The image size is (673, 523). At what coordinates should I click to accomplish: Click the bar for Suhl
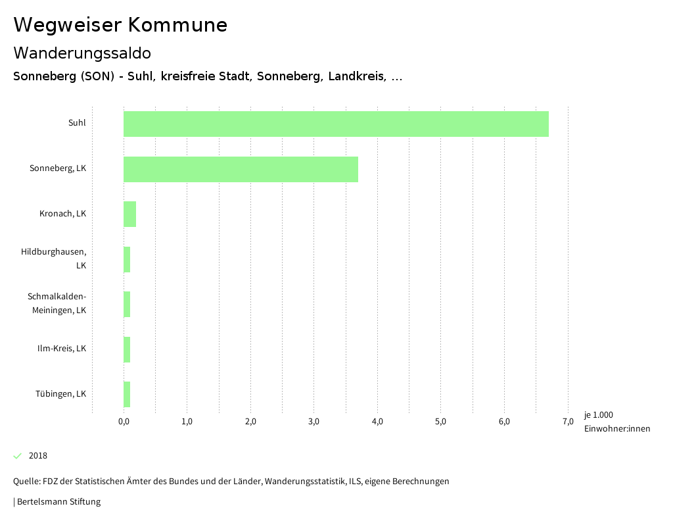point(336,124)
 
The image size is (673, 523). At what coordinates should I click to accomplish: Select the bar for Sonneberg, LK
point(241,169)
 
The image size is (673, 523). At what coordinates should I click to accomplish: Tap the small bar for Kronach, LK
point(129,214)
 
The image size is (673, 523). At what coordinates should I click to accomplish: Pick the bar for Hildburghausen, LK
point(127,259)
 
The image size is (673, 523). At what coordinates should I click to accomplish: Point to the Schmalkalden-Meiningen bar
point(127,304)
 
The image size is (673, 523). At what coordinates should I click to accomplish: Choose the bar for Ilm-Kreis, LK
point(127,349)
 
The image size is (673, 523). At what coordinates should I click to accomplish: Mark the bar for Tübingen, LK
point(127,394)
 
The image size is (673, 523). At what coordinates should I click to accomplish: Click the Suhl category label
point(77,123)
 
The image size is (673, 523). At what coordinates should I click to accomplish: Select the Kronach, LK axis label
point(62,214)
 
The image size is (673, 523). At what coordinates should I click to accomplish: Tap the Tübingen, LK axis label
point(60,394)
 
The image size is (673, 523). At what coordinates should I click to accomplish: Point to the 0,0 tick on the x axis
point(124,422)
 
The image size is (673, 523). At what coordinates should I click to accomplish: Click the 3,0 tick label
point(313,422)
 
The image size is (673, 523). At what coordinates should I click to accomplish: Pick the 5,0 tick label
point(440,422)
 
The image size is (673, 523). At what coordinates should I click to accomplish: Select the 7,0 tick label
point(568,422)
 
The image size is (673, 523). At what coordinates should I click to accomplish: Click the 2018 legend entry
point(38,456)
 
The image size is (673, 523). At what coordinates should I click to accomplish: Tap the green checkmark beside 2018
point(18,456)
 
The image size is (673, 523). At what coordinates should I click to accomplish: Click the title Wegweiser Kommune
point(120,25)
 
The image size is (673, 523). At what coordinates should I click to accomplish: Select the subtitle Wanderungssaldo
point(82,53)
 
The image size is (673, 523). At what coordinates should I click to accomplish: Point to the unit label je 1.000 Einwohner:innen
point(616,422)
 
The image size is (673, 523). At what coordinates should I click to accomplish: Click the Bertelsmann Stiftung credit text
point(58,502)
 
